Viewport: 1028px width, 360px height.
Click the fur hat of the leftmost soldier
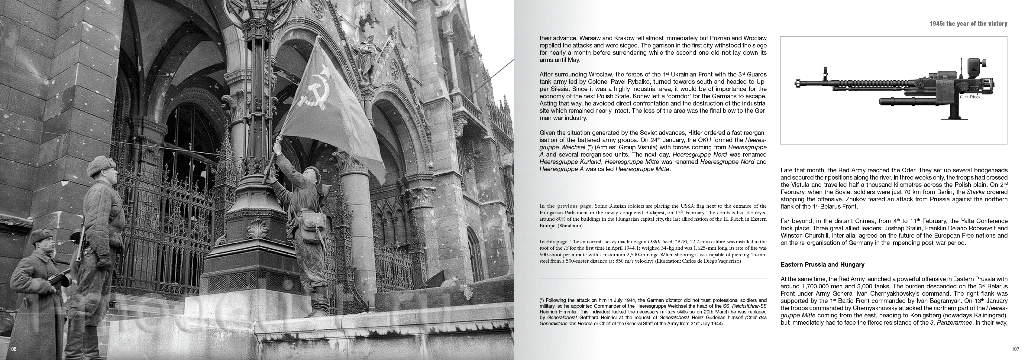point(40,234)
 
